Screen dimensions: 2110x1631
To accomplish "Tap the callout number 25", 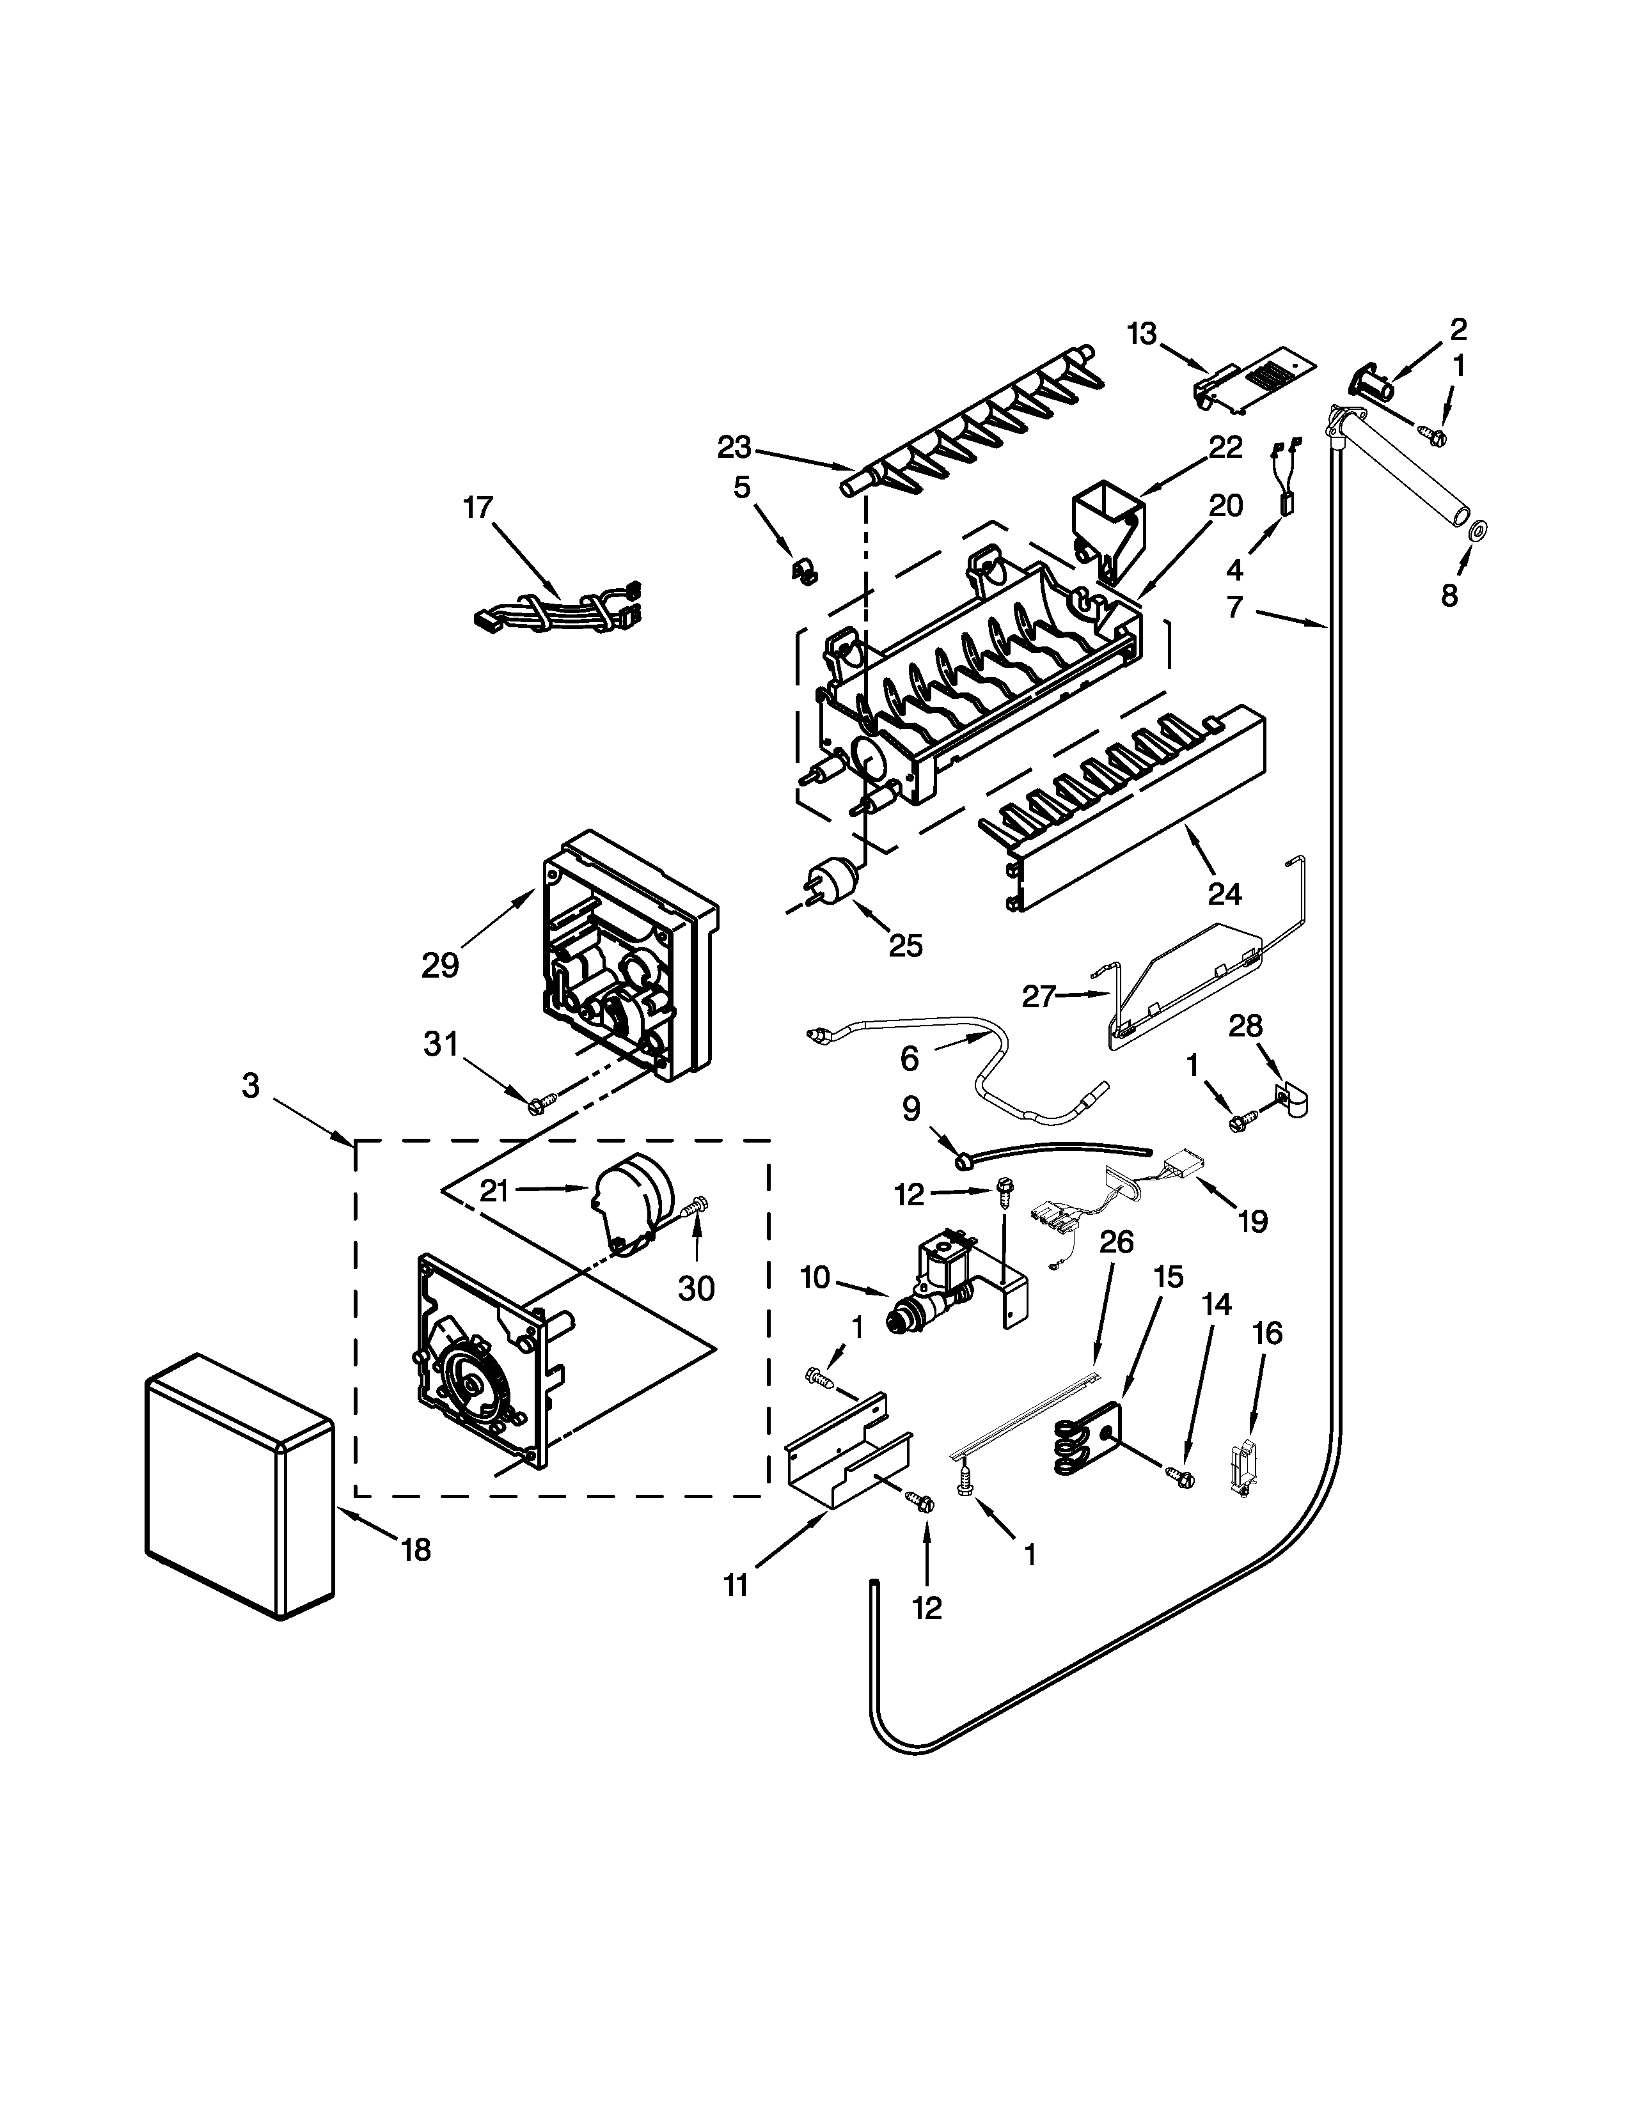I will coord(905,945).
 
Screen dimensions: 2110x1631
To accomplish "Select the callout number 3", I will coord(250,1086).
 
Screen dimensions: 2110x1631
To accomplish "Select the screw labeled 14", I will coord(1180,1476).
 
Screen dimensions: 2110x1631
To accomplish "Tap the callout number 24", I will coord(1224,894).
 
